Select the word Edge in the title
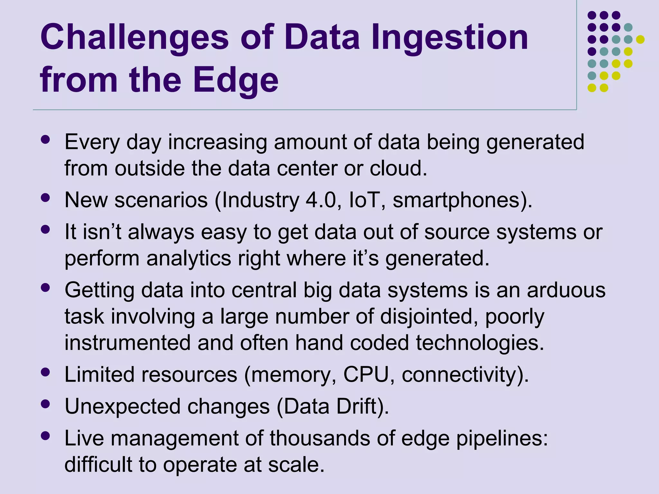coord(236,80)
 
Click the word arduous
coord(566,290)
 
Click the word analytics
coord(189,259)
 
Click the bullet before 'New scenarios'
coord(46,197)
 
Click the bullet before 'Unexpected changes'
coord(46,404)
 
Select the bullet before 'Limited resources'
coord(46,372)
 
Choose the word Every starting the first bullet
coord(92,142)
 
